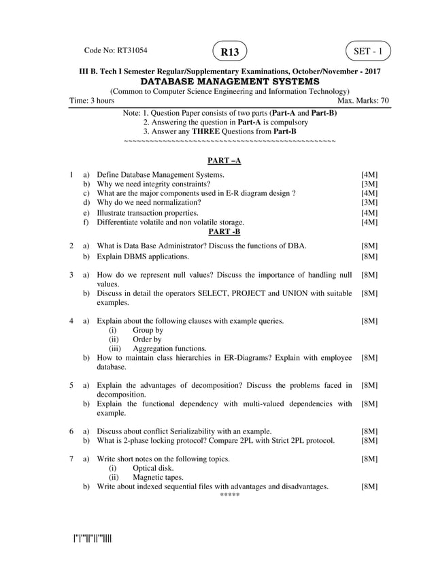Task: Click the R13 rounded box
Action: click(x=229, y=51)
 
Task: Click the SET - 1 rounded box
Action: click(x=368, y=50)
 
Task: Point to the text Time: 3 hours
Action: click(x=92, y=101)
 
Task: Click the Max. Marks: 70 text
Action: click(x=363, y=101)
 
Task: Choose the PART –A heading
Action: click(x=224, y=161)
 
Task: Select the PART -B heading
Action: click(x=224, y=231)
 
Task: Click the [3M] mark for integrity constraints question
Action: click(x=369, y=184)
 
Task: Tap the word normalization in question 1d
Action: click(x=178, y=202)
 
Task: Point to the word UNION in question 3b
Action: click(x=309, y=293)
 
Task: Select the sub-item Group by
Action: click(x=148, y=330)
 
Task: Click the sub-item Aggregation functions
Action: click(x=169, y=348)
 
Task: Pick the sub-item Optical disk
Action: click(x=153, y=468)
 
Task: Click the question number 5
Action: click(x=71, y=385)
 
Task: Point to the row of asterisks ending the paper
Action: click(x=230, y=495)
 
